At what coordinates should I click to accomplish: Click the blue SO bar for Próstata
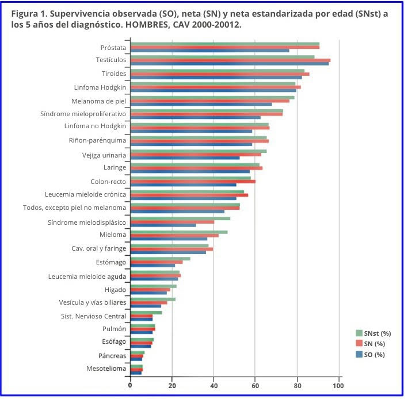(209, 51)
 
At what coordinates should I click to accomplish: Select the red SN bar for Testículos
(230, 60)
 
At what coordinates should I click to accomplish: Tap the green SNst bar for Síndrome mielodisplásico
(180, 218)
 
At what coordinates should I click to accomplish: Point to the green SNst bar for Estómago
(160, 258)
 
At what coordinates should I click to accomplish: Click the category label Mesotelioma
(106, 369)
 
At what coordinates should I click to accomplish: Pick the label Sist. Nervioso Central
(93, 316)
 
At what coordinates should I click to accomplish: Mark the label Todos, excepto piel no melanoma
(74, 208)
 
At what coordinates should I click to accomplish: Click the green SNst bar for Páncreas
(138, 352)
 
